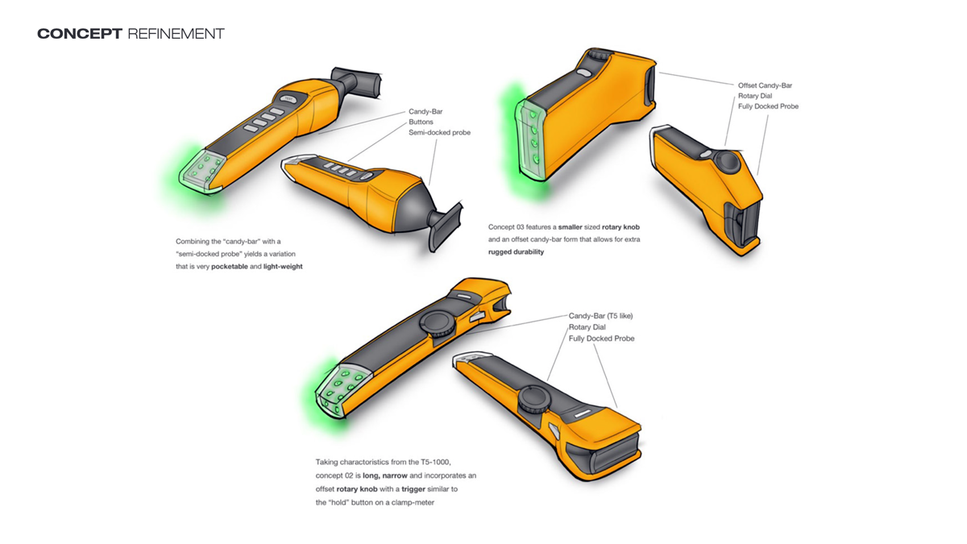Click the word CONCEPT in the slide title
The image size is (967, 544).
(80, 34)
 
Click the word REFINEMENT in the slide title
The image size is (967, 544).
(176, 34)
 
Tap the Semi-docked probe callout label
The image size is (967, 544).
(439, 132)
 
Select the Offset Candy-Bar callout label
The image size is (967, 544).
(765, 85)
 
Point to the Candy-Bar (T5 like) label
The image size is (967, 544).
(600, 316)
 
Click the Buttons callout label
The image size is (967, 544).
(421, 122)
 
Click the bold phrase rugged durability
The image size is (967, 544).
(516, 251)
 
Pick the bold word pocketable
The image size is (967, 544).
(229, 267)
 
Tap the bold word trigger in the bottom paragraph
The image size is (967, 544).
(413, 489)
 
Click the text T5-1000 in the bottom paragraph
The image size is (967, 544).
(436, 462)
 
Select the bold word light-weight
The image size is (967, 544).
(283, 267)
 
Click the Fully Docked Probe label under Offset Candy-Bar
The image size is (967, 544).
(768, 106)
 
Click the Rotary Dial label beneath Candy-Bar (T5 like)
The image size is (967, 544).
(587, 327)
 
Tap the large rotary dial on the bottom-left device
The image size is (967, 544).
(438, 323)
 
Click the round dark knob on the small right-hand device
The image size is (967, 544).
(727, 162)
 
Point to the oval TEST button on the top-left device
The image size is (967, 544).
(288, 99)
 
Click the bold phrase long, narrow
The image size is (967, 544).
(385, 475)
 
